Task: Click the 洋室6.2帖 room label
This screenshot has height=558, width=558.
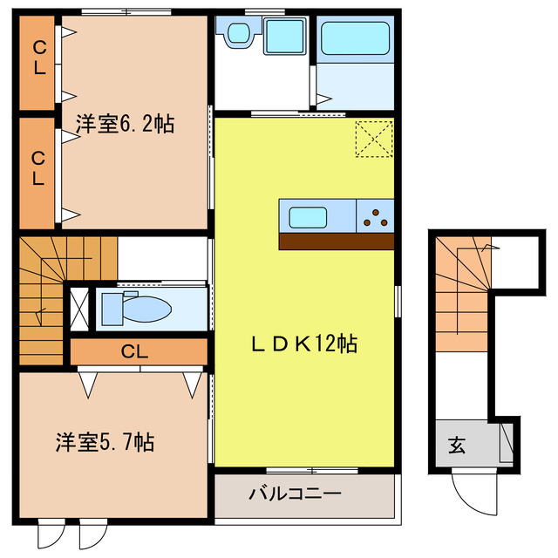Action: point(124,125)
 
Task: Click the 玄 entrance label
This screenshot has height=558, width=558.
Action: point(456,446)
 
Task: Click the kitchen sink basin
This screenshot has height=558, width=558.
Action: point(308,215)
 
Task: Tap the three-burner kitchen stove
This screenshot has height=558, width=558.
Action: point(376,214)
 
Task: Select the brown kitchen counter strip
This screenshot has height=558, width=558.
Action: point(337,242)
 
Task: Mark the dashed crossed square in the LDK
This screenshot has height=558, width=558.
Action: point(374,139)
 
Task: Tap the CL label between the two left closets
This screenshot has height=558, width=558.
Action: point(37,168)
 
